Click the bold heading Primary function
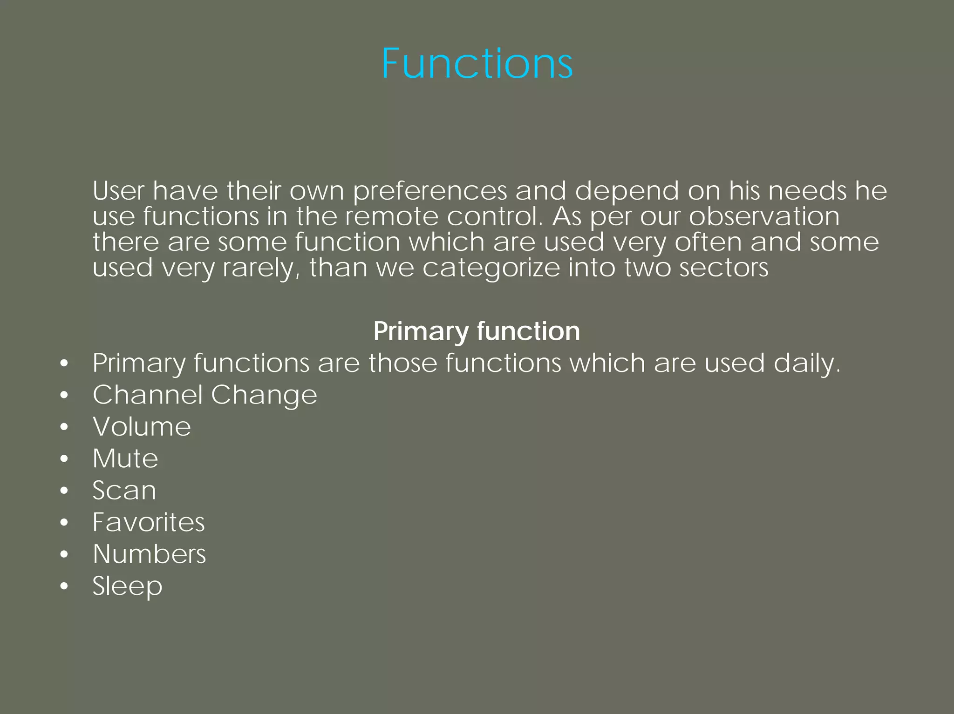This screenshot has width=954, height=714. (x=477, y=331)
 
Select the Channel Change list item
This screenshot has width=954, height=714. (x=204, y=395)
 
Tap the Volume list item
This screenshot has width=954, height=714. (x=142, y=426)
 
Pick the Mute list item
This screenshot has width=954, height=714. (x=125, y=458)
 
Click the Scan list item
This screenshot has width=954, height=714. (x=124, y=490)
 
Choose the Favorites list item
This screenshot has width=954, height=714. (x=148, y=522)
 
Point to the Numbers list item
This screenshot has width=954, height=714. (x=149, y=554)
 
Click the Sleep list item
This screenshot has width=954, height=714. (x=127, y=586)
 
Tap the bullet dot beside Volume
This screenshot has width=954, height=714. (x=64, y=427)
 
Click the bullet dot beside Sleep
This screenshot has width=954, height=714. (x=64, y=586)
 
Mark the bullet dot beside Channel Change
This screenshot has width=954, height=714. (x=64, y=395)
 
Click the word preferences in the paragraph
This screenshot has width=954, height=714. (x=429, y=191)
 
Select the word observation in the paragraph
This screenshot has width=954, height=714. (x=764, y=216)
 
